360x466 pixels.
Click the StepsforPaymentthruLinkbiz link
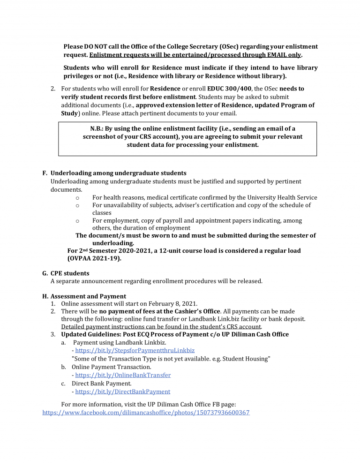pyautogui.click(x=135, y=350)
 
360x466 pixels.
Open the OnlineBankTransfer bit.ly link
pyautogui.click(x=123, y=375)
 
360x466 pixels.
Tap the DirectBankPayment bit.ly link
pyautogui.click(x=122, y=391)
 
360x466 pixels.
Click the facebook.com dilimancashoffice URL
pyautogui.click(x=146, y=413)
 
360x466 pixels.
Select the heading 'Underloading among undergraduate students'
pyautogui.click(x=118, y=173)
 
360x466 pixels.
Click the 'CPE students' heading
pyautogui.click(x=70, y=273)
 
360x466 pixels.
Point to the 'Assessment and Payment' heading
pyautogui.click(x=88, y=296)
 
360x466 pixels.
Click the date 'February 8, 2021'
pyautogui.click(x=171, y=303)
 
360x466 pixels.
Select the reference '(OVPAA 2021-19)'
pyautogui.click(x=94, y=258)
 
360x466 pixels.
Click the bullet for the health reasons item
pyautogui.click(x=77, y=197)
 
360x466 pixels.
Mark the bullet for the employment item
pyautogui.click(x=77, y=220)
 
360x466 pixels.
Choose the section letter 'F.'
pyautogui.click(x=45, y=173)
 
